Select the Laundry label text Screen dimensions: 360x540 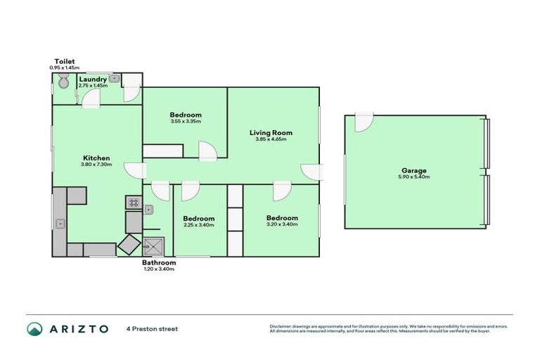click(93, 79)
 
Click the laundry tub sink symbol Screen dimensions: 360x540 click(112, 79)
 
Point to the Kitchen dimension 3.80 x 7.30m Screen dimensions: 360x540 click(96, 165)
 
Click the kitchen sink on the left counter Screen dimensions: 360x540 click(60, 224)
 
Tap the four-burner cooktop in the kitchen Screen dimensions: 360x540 click(133, 203)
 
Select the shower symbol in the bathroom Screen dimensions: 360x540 click(152, 247)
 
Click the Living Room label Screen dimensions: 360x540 click(271, 132)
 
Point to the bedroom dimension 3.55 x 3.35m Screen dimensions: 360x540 click(186, 122)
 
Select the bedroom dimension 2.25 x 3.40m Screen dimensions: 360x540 click(198, 225)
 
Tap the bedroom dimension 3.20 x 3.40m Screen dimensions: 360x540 click(281, 224)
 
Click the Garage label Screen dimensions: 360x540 click(414, 170)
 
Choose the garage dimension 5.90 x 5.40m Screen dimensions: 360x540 click(414, 176)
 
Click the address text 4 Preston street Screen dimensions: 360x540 click(152, 328)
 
